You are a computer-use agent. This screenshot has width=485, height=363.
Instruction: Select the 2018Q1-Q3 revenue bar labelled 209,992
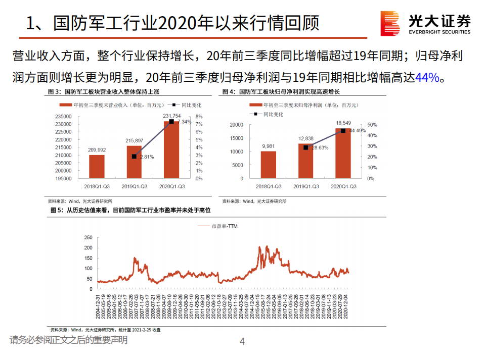click(97, 166)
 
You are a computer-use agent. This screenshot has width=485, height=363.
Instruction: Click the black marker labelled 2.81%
click(134, 157)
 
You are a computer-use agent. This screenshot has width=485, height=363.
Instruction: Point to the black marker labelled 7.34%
click(171, 122)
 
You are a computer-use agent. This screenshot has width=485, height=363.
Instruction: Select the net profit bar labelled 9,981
click(268, 165)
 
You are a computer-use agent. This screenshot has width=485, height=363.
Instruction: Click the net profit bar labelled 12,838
click(305, 161)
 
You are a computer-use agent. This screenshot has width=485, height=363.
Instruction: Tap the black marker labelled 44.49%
click(343, 131)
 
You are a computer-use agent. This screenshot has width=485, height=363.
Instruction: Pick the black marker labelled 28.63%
click(305, 147)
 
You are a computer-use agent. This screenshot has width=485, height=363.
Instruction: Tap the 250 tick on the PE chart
click(88, 237)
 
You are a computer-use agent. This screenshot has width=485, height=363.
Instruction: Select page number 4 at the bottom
click(242, 342)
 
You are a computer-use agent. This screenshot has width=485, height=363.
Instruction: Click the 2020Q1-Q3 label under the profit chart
click(343, 187)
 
